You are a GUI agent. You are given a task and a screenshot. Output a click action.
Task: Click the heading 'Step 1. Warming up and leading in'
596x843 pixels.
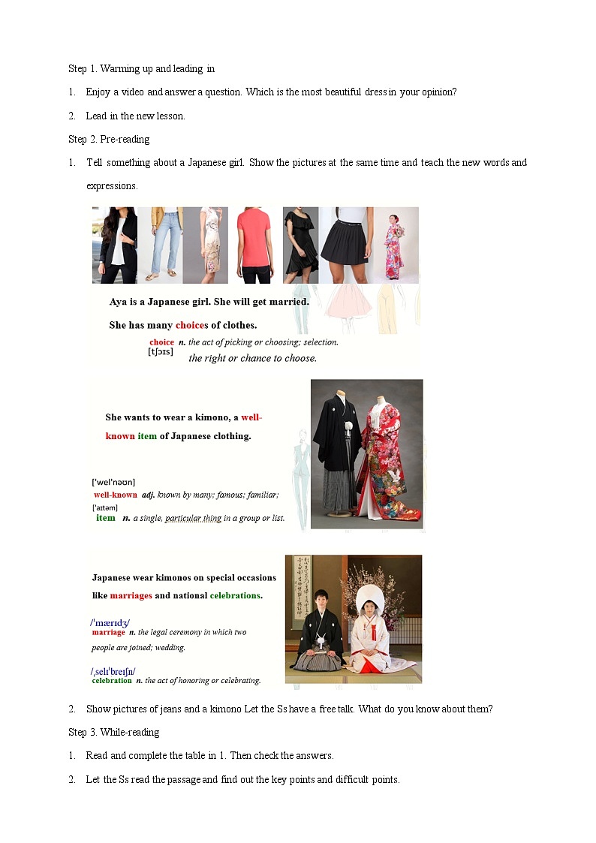point(141,69)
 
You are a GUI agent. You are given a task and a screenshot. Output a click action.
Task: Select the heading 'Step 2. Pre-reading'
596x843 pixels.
point(109,139)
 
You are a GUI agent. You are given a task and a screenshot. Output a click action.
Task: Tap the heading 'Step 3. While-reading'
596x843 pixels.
point(113,732)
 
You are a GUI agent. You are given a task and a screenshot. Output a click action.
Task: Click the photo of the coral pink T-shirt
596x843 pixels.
point(256,245)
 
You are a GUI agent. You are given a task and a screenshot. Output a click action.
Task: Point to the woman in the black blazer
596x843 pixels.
point(115,245)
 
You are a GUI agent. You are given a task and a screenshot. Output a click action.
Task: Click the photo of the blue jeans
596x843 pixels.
point(160,245)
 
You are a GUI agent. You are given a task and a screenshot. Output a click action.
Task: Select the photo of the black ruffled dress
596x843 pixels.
point(300,245)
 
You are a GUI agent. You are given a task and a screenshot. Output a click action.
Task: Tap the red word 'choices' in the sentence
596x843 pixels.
point(192,325)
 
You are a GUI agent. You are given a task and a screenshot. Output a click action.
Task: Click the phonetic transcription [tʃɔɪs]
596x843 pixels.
point(161,351)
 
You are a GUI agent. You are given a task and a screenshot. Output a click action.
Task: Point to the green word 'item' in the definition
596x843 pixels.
point(106,517)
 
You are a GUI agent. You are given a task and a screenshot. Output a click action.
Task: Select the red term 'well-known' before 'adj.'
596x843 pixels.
point(116,495)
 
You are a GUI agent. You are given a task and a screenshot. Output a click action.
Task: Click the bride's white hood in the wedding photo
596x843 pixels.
point(369,599)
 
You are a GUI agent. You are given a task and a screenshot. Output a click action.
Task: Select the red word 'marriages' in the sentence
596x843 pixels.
point(131,595)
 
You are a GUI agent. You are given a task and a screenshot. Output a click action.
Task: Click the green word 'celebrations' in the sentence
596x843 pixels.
point(235,595)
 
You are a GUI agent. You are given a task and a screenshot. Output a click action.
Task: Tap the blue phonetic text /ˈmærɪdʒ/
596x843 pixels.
point(110,622)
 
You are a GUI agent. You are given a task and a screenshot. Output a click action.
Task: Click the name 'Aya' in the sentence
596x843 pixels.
point(119,302)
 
